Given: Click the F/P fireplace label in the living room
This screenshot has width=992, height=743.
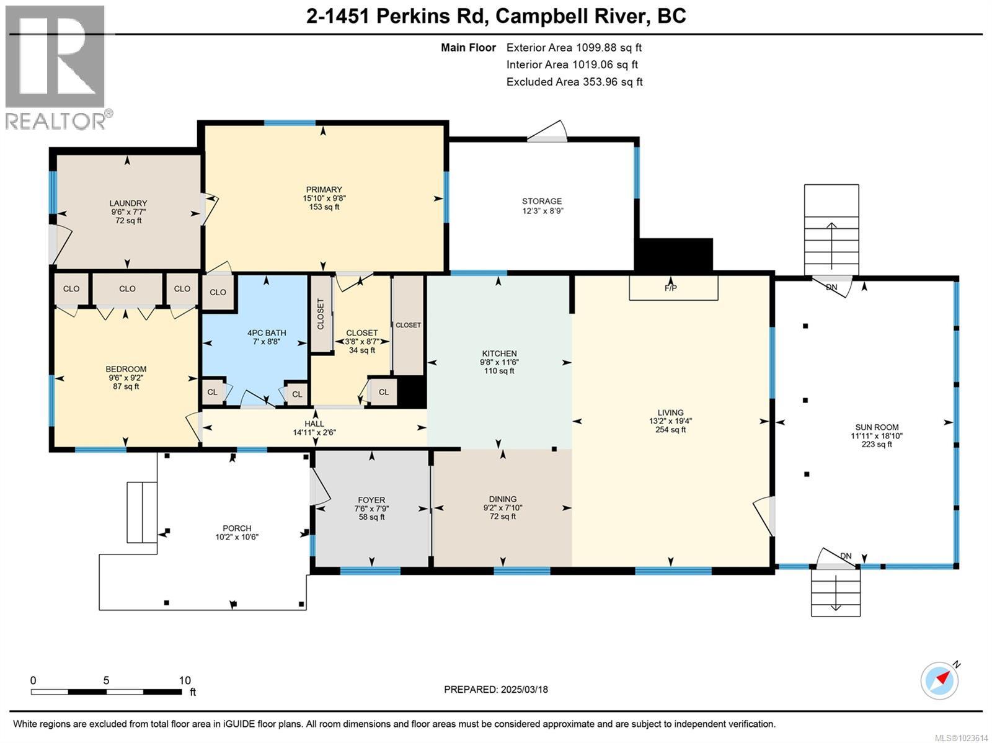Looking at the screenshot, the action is pos(670,287).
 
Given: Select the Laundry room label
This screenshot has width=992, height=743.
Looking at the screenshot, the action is pos(128,203).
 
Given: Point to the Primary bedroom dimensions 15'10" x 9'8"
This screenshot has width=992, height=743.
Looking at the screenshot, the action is pos(324,198).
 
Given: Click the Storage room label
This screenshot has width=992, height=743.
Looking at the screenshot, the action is pos(542,201).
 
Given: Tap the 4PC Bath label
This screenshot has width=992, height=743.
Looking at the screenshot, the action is pos(267,333).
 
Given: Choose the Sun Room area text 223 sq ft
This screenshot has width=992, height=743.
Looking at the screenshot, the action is pos(876,444).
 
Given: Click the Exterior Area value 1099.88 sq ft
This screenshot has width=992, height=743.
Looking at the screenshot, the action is pos(608,48).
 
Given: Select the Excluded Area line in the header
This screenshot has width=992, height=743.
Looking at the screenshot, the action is pos(574,82).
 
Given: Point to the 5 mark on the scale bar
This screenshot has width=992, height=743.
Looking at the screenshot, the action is pos(106,680).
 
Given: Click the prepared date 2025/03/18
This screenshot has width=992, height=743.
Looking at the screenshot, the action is pos(525,689).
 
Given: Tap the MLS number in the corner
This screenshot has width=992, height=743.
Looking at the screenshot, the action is pos(961,738).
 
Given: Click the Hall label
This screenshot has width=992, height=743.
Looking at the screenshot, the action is pos(314,424).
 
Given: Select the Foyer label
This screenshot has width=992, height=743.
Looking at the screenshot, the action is pos(371,500).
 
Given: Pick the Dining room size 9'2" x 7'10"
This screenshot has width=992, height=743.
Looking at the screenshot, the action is pos(503,508).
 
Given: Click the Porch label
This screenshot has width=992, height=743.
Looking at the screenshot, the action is pos(237,528).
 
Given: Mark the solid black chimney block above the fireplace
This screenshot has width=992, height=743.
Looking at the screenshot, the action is pos(673,255).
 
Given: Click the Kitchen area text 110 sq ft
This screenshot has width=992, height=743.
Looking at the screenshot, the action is pos(499,371).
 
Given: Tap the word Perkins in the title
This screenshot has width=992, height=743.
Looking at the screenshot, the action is pos(413,16).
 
